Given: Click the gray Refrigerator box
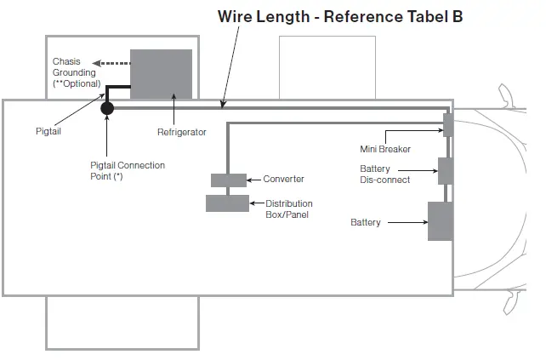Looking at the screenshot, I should tap(161, 74).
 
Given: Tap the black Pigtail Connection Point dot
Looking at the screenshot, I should tap(107, 108).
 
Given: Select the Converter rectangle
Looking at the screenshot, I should tap(228, 180).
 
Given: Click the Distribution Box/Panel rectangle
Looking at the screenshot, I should tap(227, 203).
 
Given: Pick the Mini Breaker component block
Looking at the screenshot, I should tap(446, 125).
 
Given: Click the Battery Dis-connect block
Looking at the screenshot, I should tap(445, 171).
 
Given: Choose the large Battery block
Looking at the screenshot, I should tap(440, 221).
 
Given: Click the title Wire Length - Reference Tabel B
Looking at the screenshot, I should tap(340, 17).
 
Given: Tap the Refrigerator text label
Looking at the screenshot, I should tap(181, 132).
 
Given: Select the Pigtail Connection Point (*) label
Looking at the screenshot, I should tap(128, 170).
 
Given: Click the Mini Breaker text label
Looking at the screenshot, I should tap(385, 149).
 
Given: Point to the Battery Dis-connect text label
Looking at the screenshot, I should tap(384, 174).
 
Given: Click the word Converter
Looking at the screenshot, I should tap(283, 180).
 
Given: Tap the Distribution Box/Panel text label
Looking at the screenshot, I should tap(289, 209).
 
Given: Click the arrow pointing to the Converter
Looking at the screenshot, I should tap(253, 180).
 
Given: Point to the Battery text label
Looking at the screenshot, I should tap(366, 223).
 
